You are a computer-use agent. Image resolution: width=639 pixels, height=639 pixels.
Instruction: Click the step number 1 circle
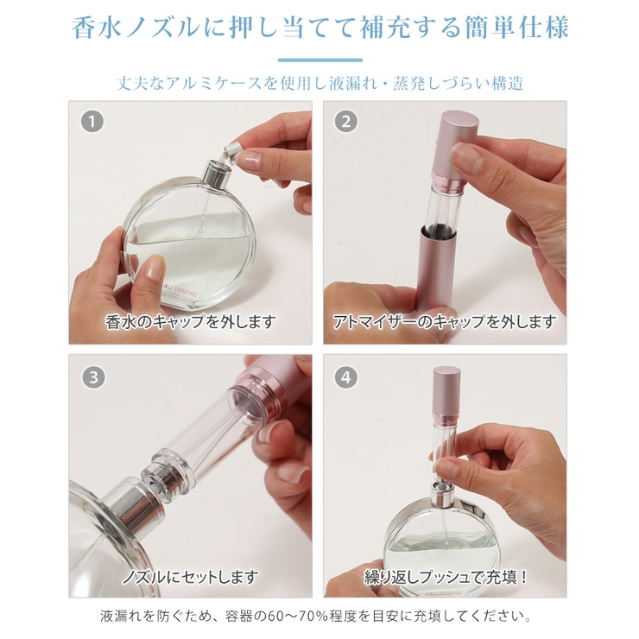tap(92, 122)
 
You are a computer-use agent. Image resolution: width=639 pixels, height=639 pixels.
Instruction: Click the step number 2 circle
tap(346, 122)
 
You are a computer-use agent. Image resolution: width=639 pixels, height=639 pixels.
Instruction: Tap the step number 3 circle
tap(94, 377)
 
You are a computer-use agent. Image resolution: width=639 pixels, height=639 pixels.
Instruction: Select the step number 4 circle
tap(346, 377)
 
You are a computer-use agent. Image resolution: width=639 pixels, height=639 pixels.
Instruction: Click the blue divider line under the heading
tap(319, 60)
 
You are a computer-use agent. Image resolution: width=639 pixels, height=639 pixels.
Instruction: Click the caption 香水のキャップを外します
tap(191, 321)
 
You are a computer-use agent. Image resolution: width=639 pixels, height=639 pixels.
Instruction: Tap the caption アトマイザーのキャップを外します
tap(445, 321)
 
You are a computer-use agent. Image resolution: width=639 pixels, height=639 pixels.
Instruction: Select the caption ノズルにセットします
tap(191, 577)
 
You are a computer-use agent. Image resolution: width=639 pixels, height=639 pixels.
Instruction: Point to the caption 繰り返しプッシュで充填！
tap(446, 577)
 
